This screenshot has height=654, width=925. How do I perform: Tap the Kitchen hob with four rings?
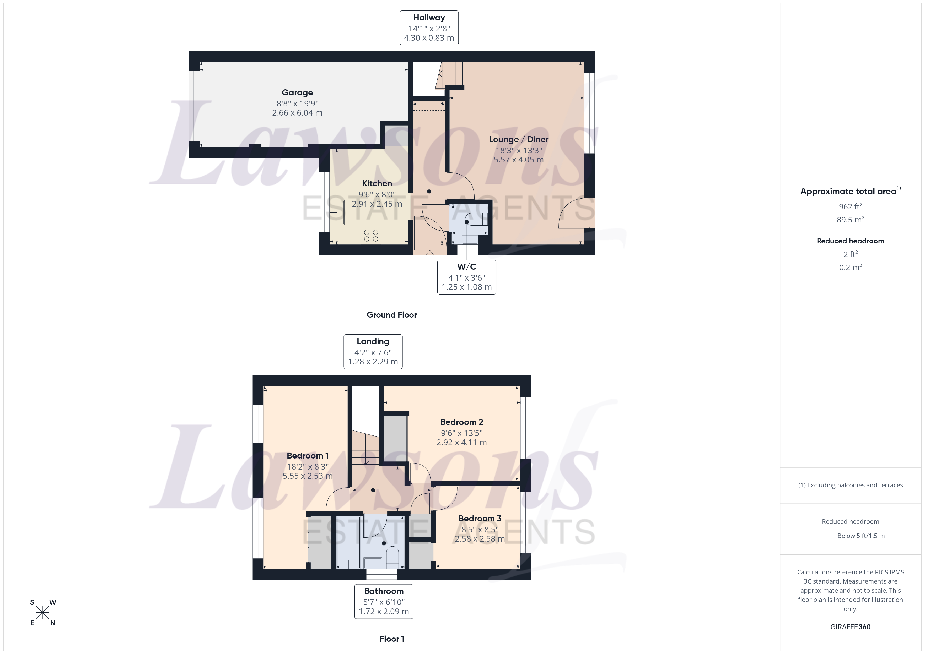click(371, 236)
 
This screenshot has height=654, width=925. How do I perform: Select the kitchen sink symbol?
click(337, 212)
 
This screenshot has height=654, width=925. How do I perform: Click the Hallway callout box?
click(429, 28)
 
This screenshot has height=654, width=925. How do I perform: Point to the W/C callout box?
click(466, 277)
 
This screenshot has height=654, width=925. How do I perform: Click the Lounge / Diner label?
click(519, 139)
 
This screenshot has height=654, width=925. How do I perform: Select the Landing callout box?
click(373, 352)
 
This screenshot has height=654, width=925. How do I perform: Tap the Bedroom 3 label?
click(480, 518)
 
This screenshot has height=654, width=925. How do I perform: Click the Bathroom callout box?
click(384, 601)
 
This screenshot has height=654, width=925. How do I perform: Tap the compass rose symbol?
click(42, 613)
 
